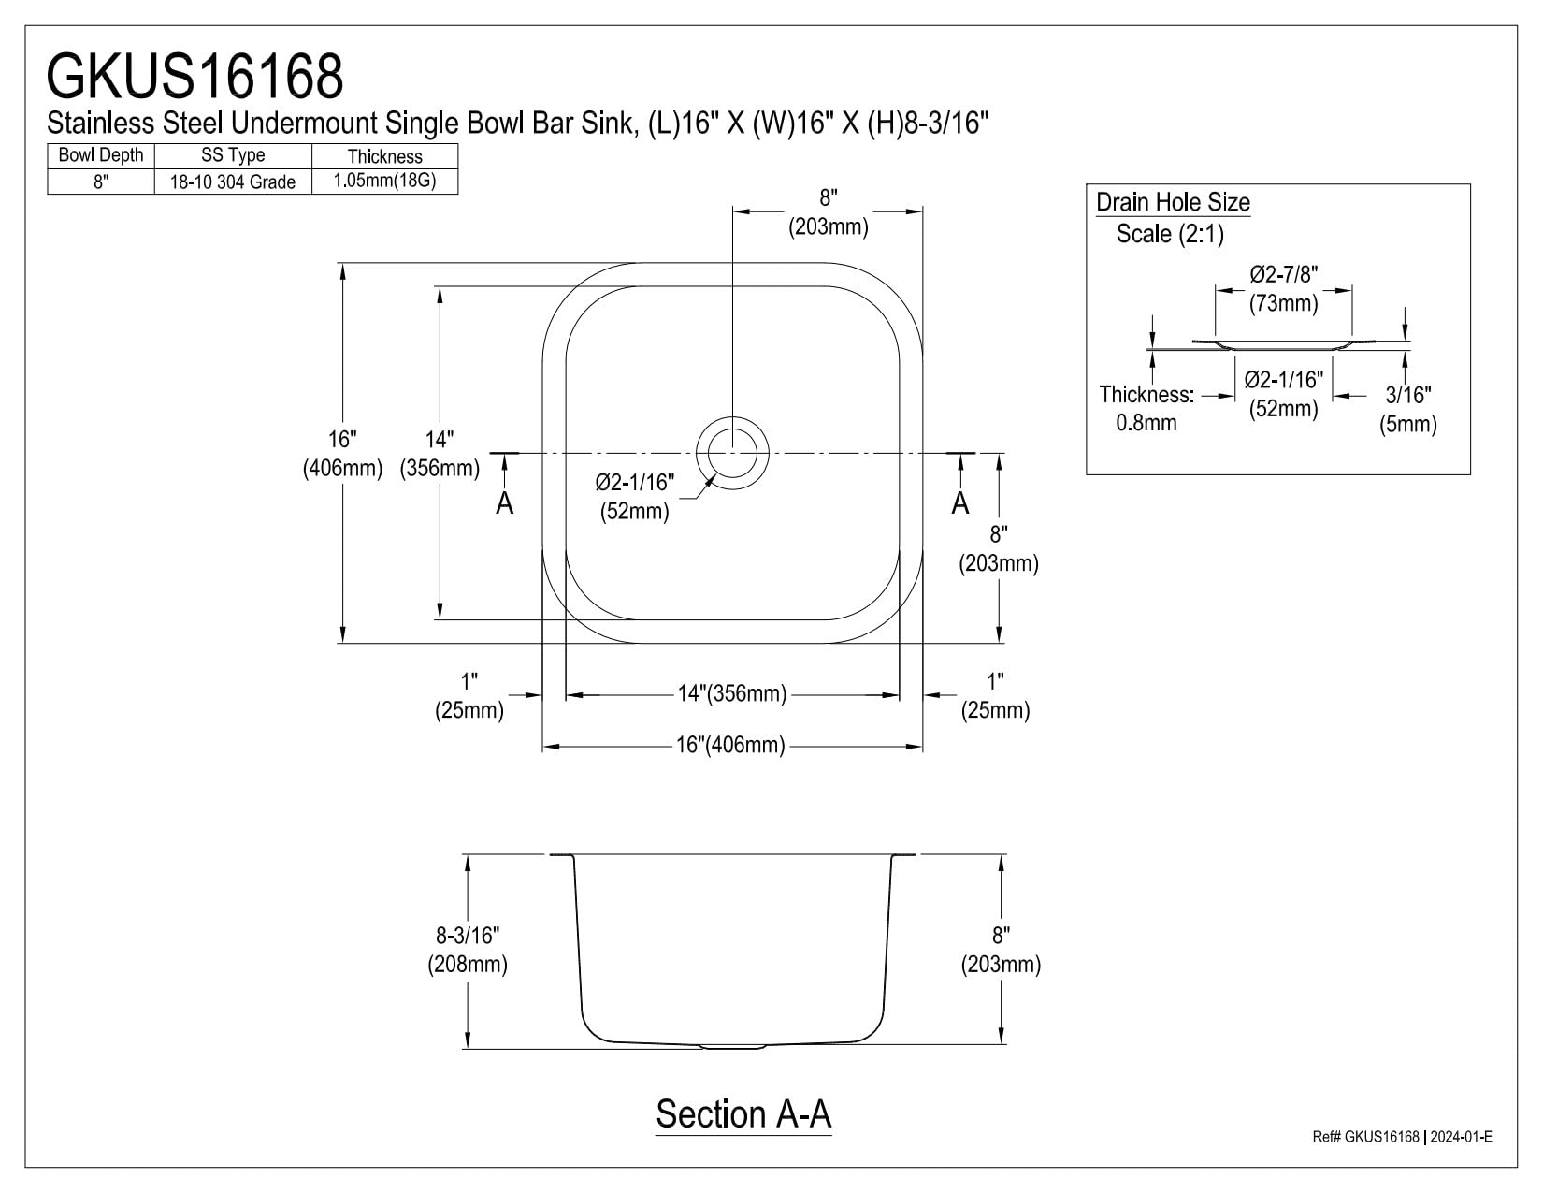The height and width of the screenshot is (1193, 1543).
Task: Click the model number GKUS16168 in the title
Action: point(195,76)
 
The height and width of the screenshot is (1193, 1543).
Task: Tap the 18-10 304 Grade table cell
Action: point(232,182)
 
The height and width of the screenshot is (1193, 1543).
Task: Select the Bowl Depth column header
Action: point(101,155)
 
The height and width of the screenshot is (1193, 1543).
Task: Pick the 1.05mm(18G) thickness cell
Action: point(385,182)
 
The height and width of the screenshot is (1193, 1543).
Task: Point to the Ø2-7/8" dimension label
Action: point(1283,274)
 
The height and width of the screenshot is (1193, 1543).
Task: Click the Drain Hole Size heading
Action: point(1173,202)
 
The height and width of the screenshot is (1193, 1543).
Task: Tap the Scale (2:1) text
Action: point(1170,234)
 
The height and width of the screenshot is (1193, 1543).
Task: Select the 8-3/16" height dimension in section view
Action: point(468,936)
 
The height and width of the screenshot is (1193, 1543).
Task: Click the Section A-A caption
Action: point(743,1113)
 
